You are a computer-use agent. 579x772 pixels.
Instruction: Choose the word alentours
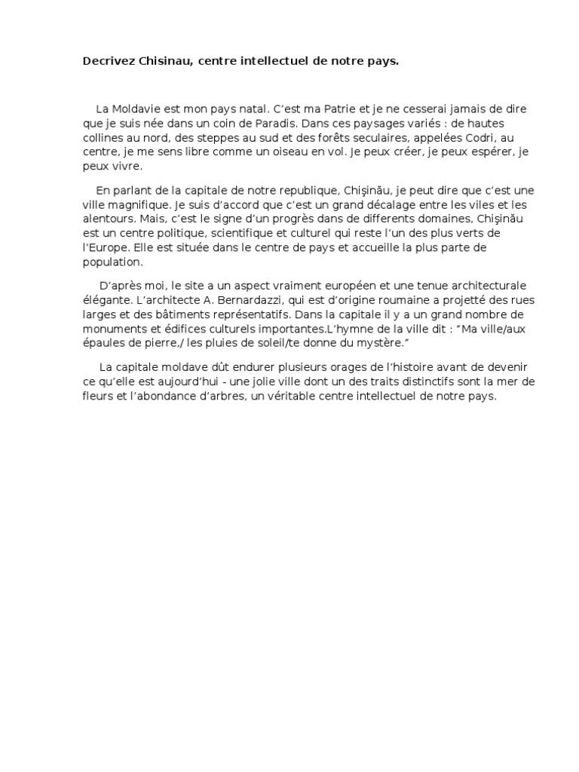[x=110, y=219]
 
